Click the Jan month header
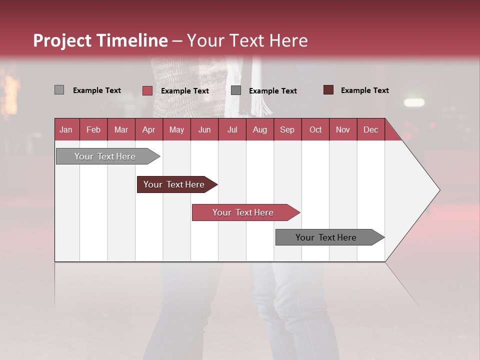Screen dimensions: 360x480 point(66,129)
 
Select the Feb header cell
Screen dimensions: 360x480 point(93,129)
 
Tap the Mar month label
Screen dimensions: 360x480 point(121,129)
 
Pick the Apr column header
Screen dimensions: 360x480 point(148,129)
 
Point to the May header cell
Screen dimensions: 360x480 point(176,129)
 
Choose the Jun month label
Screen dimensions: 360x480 point(204,129)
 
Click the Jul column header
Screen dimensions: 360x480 point(232,129)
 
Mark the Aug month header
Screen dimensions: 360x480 point(259,129)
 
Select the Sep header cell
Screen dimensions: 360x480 point(287,129)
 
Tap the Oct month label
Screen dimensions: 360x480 point(315,129)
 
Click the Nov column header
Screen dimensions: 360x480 point(342,129)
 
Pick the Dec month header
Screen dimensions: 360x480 point(370,129)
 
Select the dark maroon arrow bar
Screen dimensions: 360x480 point(175,184)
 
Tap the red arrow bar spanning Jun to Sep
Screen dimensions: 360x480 point(244,212)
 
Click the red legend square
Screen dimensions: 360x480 point(147,90)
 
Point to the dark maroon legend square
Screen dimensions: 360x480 point(328,90)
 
